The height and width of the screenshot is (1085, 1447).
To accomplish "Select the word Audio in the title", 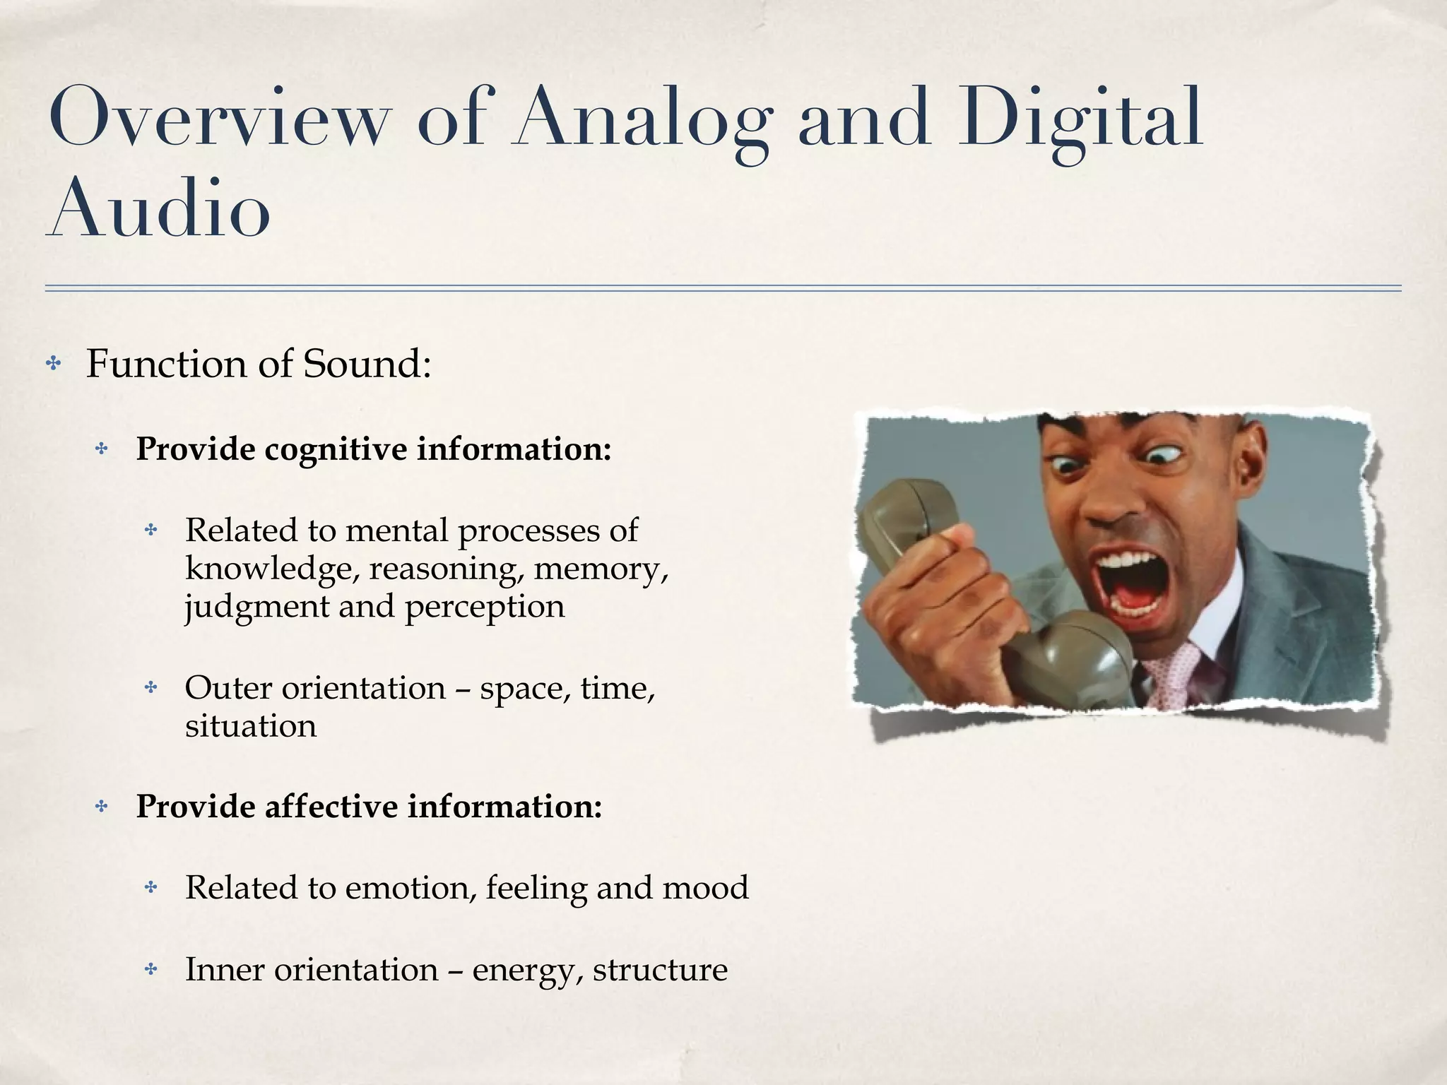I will [160, 209].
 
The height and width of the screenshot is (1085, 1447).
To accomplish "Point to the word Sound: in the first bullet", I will [367, 364].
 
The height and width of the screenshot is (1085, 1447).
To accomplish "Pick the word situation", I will [251, 726].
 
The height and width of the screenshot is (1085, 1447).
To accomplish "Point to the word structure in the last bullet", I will [660, 969].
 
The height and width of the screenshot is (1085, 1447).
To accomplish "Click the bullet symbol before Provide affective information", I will [102, 807].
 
